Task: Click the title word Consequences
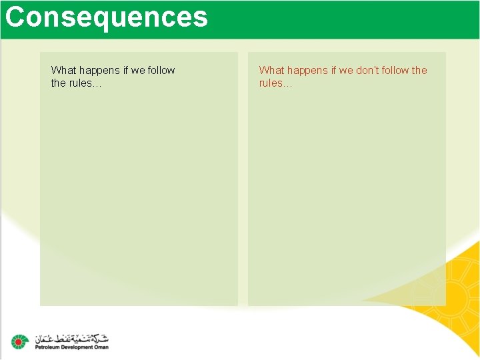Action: click(107, 17)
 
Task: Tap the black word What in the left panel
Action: click(63, 70)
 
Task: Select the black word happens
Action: click(99, 71)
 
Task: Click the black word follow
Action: click(161, 70)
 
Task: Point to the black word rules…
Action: click(86, 83)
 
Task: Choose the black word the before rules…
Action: click(58, 83)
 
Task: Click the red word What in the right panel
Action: click(271, 70)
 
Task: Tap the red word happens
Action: click(307, 71)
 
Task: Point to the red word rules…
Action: click(275, 83)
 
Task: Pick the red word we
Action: click(346, 71)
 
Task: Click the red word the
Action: click(419, 70)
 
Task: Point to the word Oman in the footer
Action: click(101, 347)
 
